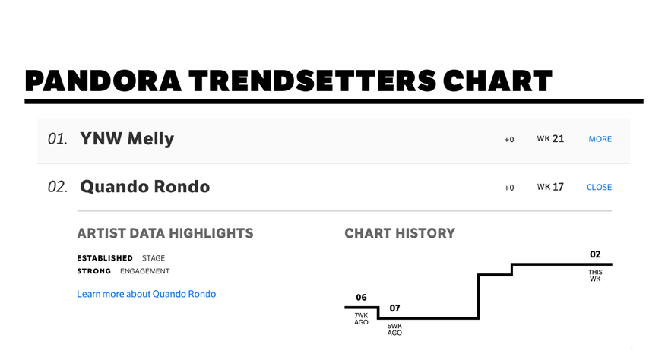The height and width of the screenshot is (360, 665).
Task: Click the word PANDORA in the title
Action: tap(103, 81)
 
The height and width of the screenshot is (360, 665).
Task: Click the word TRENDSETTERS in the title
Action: tap(312, 81)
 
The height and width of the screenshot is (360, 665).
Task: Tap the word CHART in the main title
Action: tap(498, 81)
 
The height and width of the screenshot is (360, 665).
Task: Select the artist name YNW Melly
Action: tap(127, 139)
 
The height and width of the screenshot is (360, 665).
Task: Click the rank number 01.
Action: tap(57, 139)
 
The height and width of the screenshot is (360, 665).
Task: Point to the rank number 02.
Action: tap(57, 187)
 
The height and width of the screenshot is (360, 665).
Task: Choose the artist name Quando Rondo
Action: tap(144, 187)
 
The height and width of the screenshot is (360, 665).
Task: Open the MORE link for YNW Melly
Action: tap(600, 139)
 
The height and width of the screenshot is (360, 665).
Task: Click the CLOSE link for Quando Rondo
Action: tap(600, 187)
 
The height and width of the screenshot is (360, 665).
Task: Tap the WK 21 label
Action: tap(550, 139)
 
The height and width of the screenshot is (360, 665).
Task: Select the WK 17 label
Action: tap(550, 187)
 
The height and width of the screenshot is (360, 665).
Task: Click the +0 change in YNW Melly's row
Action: tap(509, 140)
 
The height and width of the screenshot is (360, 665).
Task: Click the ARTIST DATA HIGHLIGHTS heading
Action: tap(165, 233)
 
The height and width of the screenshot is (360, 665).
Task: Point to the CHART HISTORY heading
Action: tap(400, 233)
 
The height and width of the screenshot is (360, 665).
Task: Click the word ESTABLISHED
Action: tap(105, 258)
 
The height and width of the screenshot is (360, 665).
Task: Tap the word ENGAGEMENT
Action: tap(144, 271)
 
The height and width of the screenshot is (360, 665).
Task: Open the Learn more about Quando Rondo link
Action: tap(147, 294)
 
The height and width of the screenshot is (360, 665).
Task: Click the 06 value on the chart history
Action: tap(361, 298)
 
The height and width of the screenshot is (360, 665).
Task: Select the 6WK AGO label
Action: tap(394, 330)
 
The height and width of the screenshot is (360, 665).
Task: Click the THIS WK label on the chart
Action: tap(595, 276)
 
